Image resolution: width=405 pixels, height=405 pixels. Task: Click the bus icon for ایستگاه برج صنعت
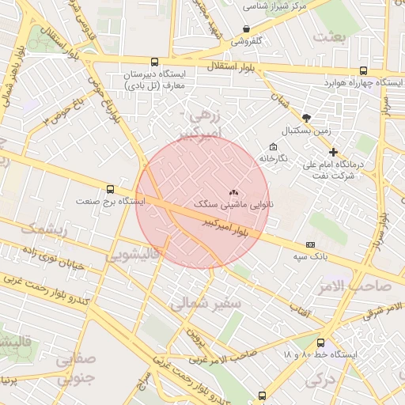click(x=109, y=189)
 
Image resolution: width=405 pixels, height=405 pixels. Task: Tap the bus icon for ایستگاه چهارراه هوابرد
click(x=363, y=70)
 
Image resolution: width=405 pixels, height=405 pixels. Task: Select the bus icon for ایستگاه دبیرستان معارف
click(x=153, y=62)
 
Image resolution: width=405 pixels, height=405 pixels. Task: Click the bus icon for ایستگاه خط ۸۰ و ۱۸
click(x=320, y=343)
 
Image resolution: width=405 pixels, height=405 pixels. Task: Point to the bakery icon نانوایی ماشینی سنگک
click(x=233, y=192)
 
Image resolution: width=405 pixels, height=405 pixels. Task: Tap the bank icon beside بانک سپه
click(x=310, y=245)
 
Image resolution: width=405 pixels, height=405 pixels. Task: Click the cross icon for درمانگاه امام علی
click(x=333, y=152)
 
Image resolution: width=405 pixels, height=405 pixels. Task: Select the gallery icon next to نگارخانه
click(x=274, y=146)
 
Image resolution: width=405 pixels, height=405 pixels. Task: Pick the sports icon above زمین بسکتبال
click(x=306, y=117)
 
